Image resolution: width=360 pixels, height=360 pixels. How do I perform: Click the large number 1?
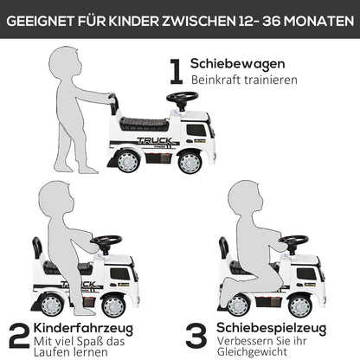tap(176, 71)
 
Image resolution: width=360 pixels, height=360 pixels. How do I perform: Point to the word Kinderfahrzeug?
tap(85, 329)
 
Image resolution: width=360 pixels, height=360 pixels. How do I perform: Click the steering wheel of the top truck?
tap(182, 97)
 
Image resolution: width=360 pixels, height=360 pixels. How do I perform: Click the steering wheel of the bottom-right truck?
tap(294, 241)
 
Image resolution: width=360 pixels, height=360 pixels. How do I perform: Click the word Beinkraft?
tap(217, 80)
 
